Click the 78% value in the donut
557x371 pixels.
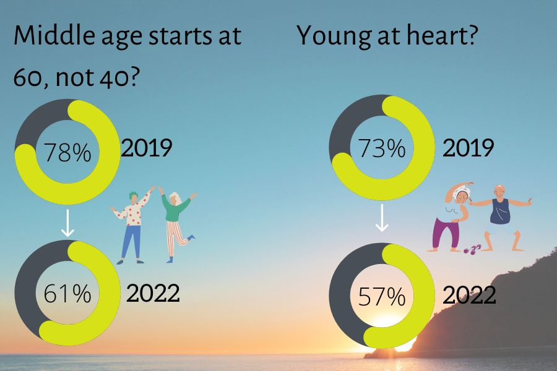click(67, 153)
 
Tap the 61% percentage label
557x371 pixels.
click(67, 294)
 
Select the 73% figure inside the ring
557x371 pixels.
click(381, 148)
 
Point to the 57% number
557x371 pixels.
click(381, 296)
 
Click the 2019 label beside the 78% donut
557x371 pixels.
click(147, 148)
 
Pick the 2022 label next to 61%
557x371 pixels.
click(153, 293)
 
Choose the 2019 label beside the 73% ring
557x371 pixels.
click(468, 148)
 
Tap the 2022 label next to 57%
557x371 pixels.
click(469, 295)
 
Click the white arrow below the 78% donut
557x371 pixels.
click(67, 223)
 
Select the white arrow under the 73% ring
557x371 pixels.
click(381, 218)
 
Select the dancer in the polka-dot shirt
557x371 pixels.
click(133, 226)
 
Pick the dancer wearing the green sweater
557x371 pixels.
click(176, 226)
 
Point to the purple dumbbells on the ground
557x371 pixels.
click(472, 249)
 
